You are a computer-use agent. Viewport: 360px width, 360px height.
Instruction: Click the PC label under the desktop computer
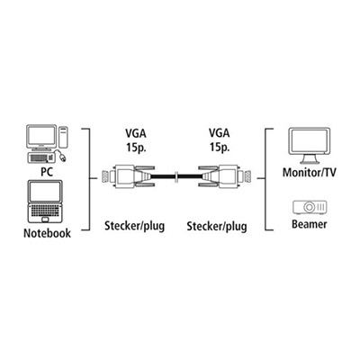coord(47,172)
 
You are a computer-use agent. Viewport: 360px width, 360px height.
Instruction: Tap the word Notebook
coord(47,233)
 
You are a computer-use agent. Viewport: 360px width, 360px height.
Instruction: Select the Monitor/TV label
coord(310,173)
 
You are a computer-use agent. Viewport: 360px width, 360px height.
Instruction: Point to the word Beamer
coord(310,224)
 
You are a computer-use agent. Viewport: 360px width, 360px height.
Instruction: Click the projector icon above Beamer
coord(310,207)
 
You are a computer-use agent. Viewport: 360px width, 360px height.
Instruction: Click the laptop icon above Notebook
coord(45,202)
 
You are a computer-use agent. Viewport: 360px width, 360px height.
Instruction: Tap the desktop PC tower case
coord(63,137)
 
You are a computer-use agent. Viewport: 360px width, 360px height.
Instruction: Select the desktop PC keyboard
coord(41,157)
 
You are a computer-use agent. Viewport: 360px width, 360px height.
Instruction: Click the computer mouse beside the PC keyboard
coord(61,156)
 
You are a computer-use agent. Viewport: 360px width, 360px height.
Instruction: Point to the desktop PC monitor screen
coord(41,137)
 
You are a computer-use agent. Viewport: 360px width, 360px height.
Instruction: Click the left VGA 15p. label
coord(136,140)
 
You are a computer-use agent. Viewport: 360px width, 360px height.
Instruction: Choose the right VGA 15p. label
coord(220,139)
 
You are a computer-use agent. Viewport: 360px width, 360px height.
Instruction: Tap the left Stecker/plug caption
coord(135,226)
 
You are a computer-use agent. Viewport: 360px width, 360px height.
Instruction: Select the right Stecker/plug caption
coord(217,226)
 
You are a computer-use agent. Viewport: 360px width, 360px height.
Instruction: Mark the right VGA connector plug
coord(225,177)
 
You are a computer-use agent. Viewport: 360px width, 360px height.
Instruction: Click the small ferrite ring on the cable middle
coord(176,177)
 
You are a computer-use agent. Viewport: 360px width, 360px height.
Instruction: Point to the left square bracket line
coord(89,179)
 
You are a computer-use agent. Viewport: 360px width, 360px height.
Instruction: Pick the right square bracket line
coord(265,179)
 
